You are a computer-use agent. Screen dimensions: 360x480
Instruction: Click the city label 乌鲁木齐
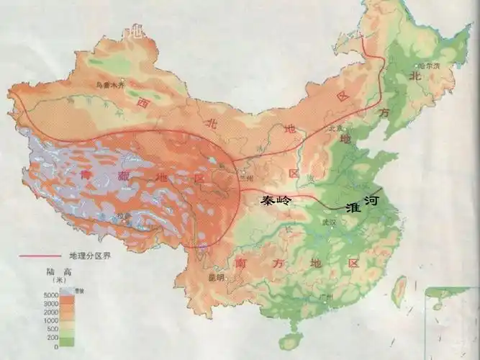(x=111, y=86)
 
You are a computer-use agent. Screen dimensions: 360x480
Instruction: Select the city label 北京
(x=332, y=128)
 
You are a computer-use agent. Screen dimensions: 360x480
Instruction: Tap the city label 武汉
(x=330, y=222)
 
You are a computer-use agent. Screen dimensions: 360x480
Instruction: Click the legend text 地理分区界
(x=90, y=256)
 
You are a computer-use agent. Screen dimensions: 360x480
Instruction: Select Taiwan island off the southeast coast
(x=399, y=289)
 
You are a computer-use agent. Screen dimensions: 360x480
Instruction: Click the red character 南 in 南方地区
(x=241, y=264)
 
